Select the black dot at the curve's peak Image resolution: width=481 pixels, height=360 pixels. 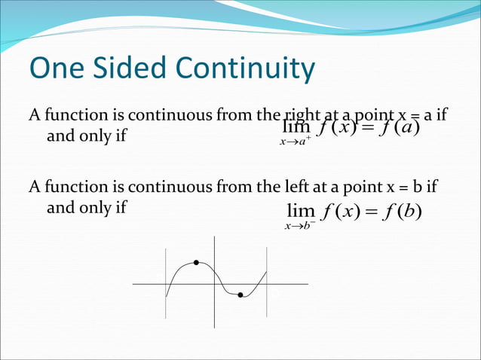pyautogui.click(x=196, y=262)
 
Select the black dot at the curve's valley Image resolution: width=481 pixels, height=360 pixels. pyautogui.click(x=240, y=295)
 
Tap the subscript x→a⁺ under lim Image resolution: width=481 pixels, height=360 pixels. pyautogui.click(x=294, y=142)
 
